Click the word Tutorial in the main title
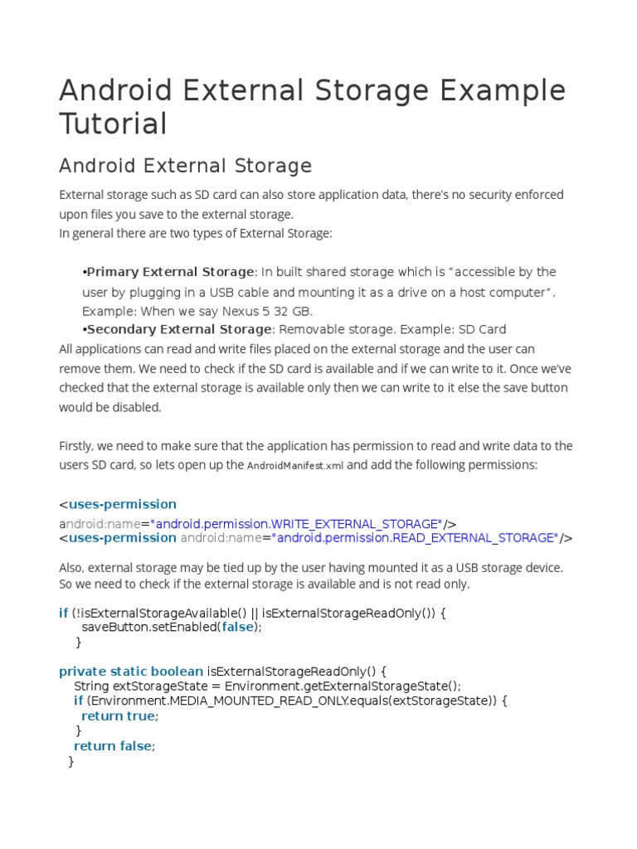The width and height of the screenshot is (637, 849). pyautogui.click(x=113, y=124)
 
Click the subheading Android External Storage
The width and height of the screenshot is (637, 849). pyautogui.click(x=185, y=166)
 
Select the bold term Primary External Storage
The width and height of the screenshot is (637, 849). pyautogui.click(x=170, y=272)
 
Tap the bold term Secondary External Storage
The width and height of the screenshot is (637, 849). pyautogui.click(x=179, y=329)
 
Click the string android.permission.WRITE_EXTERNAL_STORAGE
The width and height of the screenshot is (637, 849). pyautogui.click(x=298, y=523)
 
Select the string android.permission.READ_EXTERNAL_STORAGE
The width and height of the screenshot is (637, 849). pyautogui.click(x=414, y=537)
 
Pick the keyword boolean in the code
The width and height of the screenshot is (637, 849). pyautogui.click(x=176, y=671)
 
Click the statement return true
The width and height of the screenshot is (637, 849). pyautogui.click(x=118, y=716)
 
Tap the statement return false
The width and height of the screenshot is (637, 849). pyautogui.click(x=112, y=745)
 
